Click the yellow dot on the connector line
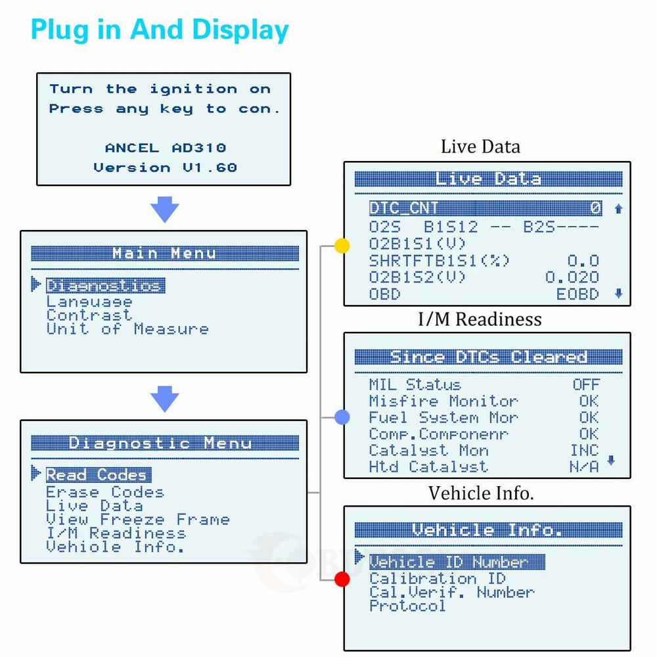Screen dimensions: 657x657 pyautogui.click(x=342, y=246)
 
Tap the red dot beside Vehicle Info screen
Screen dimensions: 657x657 pyautogui.click(x=342, y=579)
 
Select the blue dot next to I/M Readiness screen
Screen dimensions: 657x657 pyautogui.click(x=342, y=417)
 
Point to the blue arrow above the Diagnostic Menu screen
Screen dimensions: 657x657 pyautogui.click(x=164, y=399)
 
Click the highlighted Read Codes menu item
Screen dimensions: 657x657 pyautogui.click(x=98, y=474)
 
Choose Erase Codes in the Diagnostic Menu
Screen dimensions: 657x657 pyautogui.click(x=104, y=492)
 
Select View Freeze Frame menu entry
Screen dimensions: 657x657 pyautogui.click(x=137, y=520)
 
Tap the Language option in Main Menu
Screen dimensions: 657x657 pyautogui.click(x=89, y=302)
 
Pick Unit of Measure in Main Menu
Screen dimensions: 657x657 pyautogui.click(x=127, y=329)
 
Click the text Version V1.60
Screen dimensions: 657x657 pyautogui.click(x=164, y=168)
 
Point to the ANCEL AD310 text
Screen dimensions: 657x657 pyautogui.click(x=164, y=148)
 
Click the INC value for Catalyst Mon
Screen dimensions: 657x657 pyautogui.click(x=584, y=450)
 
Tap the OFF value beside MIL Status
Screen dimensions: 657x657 pyautogui.click(x=585, y=384)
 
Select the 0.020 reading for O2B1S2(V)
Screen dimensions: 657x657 pyautogui.click(x=572, y=278)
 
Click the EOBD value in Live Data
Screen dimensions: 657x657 pyautogui.click(x=578, y=294)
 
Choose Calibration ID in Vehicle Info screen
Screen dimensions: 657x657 pyautogui.click(x=437, y=579)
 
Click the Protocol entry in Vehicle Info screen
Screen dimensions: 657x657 pyautogui.click(x=407, y=606)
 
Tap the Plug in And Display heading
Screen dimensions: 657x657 pyautogui.click(x=160, y=30)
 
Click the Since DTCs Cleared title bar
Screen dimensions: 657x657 pyautogui.click(x=487, y=357)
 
